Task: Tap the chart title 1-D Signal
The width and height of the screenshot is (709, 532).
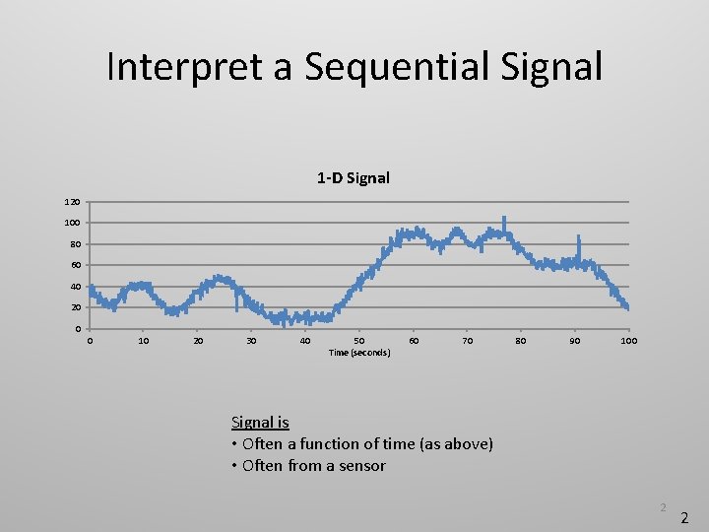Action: [x=354, y=178]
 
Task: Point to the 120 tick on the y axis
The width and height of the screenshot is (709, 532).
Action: [x=74, y=202]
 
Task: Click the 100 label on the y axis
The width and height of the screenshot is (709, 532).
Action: [x=74, y=223]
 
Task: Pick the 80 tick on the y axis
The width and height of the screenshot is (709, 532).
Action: [x=75, y=244]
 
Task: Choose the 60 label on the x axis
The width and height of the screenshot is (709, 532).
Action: [x=414, y=341]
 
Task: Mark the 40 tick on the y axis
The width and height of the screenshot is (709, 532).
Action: [x=75, y=287]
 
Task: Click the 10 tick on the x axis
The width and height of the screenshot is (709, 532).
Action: [x=144, y=341]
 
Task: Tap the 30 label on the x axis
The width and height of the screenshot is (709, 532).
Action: [x=251, y=341]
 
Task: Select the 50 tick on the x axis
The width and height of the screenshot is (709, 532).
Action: [x=359, y=341]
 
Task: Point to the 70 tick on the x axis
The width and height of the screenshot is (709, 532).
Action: [x=468, y=341]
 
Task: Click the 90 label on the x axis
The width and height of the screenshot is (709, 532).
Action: [x=575, y=341]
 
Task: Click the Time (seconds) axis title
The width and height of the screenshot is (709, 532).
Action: [x=359, y=353]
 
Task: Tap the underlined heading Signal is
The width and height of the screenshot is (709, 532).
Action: [x=260, y=422]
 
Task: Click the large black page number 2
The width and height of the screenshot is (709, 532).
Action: [x=685, y=516]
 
